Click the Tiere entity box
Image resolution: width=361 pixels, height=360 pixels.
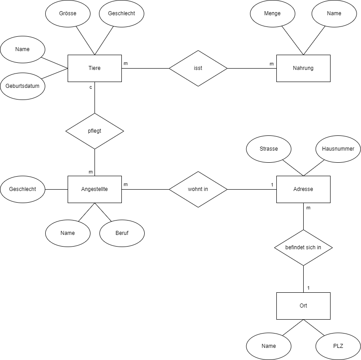[95, 68]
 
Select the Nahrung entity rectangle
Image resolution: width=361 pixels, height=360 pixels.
[303, 68]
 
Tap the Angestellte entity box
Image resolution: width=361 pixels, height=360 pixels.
[95, 189]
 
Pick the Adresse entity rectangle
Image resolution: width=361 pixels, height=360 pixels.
[303, 189]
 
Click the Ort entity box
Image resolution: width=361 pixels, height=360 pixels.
[303, 306]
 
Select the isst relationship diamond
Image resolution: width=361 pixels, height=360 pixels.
[198, 68]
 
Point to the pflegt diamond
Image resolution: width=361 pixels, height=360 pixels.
[95, 131]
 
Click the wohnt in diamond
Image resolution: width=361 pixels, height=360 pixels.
[198, 189]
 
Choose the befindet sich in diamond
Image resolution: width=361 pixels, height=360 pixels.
[303, 247]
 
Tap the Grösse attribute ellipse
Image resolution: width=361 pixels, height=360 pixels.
[68, 13]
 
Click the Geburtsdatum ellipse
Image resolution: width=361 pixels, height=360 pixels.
[22, 86]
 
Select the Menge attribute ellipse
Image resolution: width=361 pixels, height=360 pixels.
[272, 13]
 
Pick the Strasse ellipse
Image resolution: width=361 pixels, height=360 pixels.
[269, 149]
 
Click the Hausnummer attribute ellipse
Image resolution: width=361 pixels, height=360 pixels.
[338, 149]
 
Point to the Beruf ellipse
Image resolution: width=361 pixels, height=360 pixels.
[122, 233]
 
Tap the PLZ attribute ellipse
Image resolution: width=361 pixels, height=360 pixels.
[338, 346]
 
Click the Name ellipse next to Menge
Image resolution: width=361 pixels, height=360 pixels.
[334, 13]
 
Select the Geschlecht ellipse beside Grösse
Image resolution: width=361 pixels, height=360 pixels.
[121, 13]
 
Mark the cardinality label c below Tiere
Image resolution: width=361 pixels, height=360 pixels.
[90, 87]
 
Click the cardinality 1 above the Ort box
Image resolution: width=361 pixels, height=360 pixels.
[308, 288]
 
